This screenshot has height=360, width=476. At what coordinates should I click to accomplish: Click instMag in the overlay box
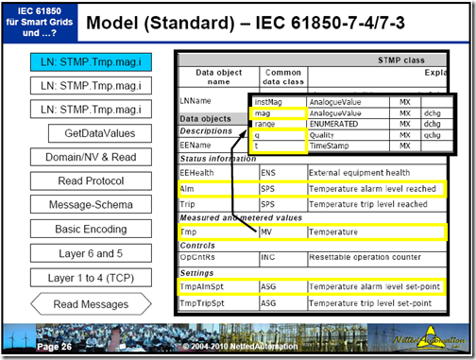click(x=270, y=101)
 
